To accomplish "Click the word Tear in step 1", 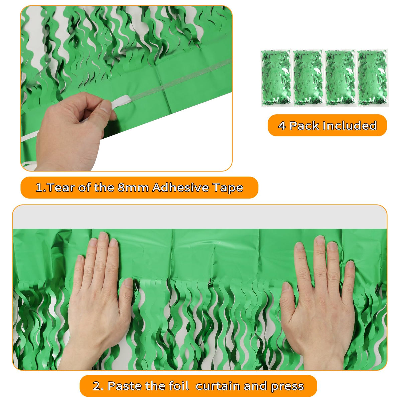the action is pyautogui.click(x=59, y=187).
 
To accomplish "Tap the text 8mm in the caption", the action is pyautogui.click(x=133, y=187).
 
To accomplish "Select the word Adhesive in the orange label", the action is pyautogui.click(x=180, y=187).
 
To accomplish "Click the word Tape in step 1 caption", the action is pyautogui.click(x=228, y=188).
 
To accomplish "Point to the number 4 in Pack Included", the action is pyautogui.click(x=282, y=126).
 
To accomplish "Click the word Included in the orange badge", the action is pyautogui.click(x=350, y=125).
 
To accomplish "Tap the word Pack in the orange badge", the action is pyautogui.click(x=304, y=126).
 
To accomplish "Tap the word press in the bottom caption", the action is pyautogui.click(x=287, y=386).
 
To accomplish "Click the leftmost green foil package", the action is pyautogui.click(x=276, y=78).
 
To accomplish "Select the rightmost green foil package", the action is pyautogui.click(x=373, y=78).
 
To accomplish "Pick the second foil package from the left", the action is pyautogui.click(x=309, y=78).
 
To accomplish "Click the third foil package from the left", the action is pyautogui.click(x=341, y=78).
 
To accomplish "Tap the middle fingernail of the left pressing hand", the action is pyautogui.click(x=103, y=236).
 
